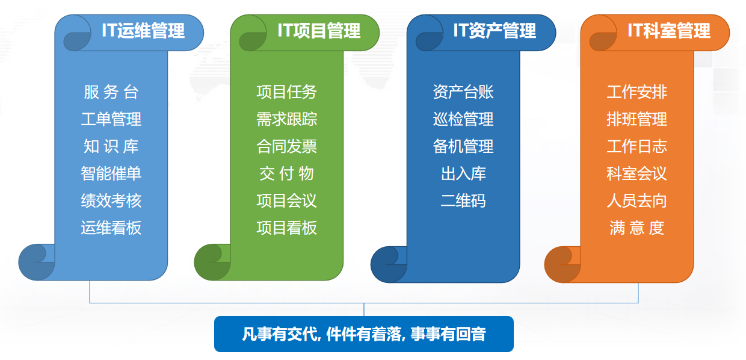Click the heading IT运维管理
[x=143, y=31]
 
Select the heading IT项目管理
[x=319, y=31]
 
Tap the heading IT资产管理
[x=495, y=31]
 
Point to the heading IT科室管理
[x=669, y=31]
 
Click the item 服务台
[x=111, y=92]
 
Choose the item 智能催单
[x=111, y=173]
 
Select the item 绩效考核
[x=111, y=200]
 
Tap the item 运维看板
[x=111, y=228]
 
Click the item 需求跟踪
[x=286, y=119]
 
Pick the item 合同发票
[x=286, y=146]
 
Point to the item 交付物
[x=286, y=173]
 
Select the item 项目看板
[x=286, y=228]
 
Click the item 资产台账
[x=463, y=92]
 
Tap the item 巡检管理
[x=463, y=119]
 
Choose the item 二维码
[x=463, y=200]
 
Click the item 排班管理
[x=637, y=119]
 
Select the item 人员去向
[x=637, y=200]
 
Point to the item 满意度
[x=637, y=228]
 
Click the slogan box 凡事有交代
[x=363, y=334]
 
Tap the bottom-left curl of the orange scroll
[x=561, y=265]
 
